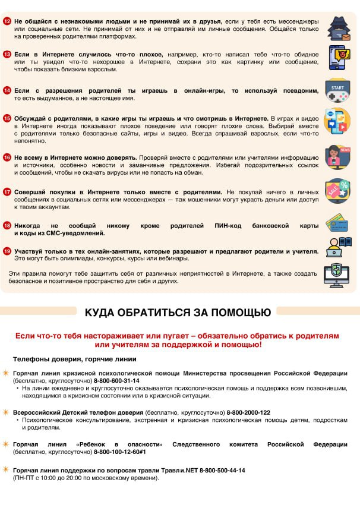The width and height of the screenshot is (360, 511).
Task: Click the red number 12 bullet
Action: pyautogui.click(x=7, y=21)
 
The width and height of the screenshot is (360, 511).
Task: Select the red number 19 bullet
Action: pyautogui.click(x=7, y=251)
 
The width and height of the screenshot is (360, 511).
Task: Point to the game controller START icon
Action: pyautogui.click(x=337, y=91)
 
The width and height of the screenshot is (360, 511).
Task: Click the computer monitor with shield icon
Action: pyautogui.click(x=336, y=275)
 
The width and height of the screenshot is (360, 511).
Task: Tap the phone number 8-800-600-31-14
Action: pyautogui.click(x=118, y=381)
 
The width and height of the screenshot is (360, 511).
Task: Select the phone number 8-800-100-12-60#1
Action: pyautogui.click(x=124, y=452)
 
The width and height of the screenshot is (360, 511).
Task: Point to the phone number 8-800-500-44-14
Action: pyautogui.click(x=222, y=470)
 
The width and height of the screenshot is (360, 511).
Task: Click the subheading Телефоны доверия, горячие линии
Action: pyautogui.click(x=75, y=359)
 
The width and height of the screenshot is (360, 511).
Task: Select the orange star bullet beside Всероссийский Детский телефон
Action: pyautogui.click(x=6, y=412)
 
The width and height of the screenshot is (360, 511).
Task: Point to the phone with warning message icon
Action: pyautogui.click(x=337, y=57)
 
